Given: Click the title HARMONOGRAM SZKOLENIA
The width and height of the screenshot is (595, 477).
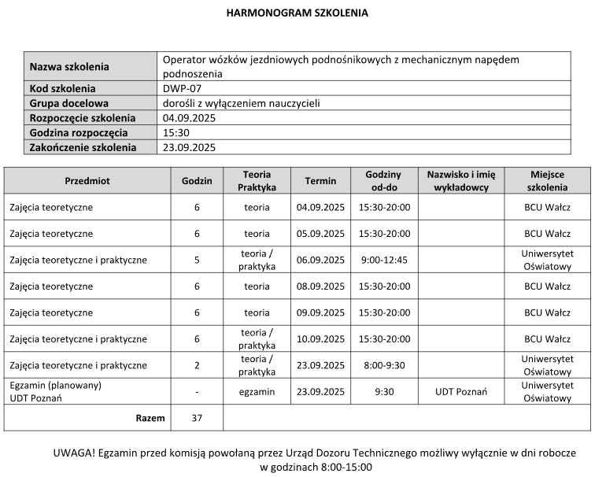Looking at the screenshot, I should coord(297,13).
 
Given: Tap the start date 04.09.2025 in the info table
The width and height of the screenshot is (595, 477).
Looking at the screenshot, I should coord(189,118).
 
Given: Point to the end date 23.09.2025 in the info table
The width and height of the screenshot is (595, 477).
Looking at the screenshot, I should coord(189,147).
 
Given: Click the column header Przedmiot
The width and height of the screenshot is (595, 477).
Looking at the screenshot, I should coord(87,181).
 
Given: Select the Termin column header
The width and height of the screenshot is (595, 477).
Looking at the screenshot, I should coord(320,181).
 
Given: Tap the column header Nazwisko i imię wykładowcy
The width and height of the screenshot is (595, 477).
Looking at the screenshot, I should coord(461,181).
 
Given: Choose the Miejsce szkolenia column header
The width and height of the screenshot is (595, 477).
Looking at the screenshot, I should coord(547,181).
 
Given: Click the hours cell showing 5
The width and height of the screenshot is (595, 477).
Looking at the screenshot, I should coord(197,260).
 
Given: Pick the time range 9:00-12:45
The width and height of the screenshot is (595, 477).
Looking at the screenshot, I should coord(384,260).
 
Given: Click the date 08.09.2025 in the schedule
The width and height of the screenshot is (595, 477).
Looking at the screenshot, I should coord(320,287).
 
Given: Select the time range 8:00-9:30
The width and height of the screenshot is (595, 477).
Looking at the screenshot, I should coord(384,365).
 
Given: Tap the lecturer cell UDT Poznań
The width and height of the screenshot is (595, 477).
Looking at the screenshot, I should coord(461,392).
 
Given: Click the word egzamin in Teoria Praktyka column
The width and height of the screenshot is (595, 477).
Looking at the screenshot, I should coord(257,392).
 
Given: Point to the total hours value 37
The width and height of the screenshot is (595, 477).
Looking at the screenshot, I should coord(197,418).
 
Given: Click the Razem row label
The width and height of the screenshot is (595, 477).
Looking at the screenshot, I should coord(150,418).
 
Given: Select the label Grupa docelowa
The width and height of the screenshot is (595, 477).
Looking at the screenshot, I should coord(68,103).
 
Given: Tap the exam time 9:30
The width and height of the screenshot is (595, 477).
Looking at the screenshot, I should coord(384,392).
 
